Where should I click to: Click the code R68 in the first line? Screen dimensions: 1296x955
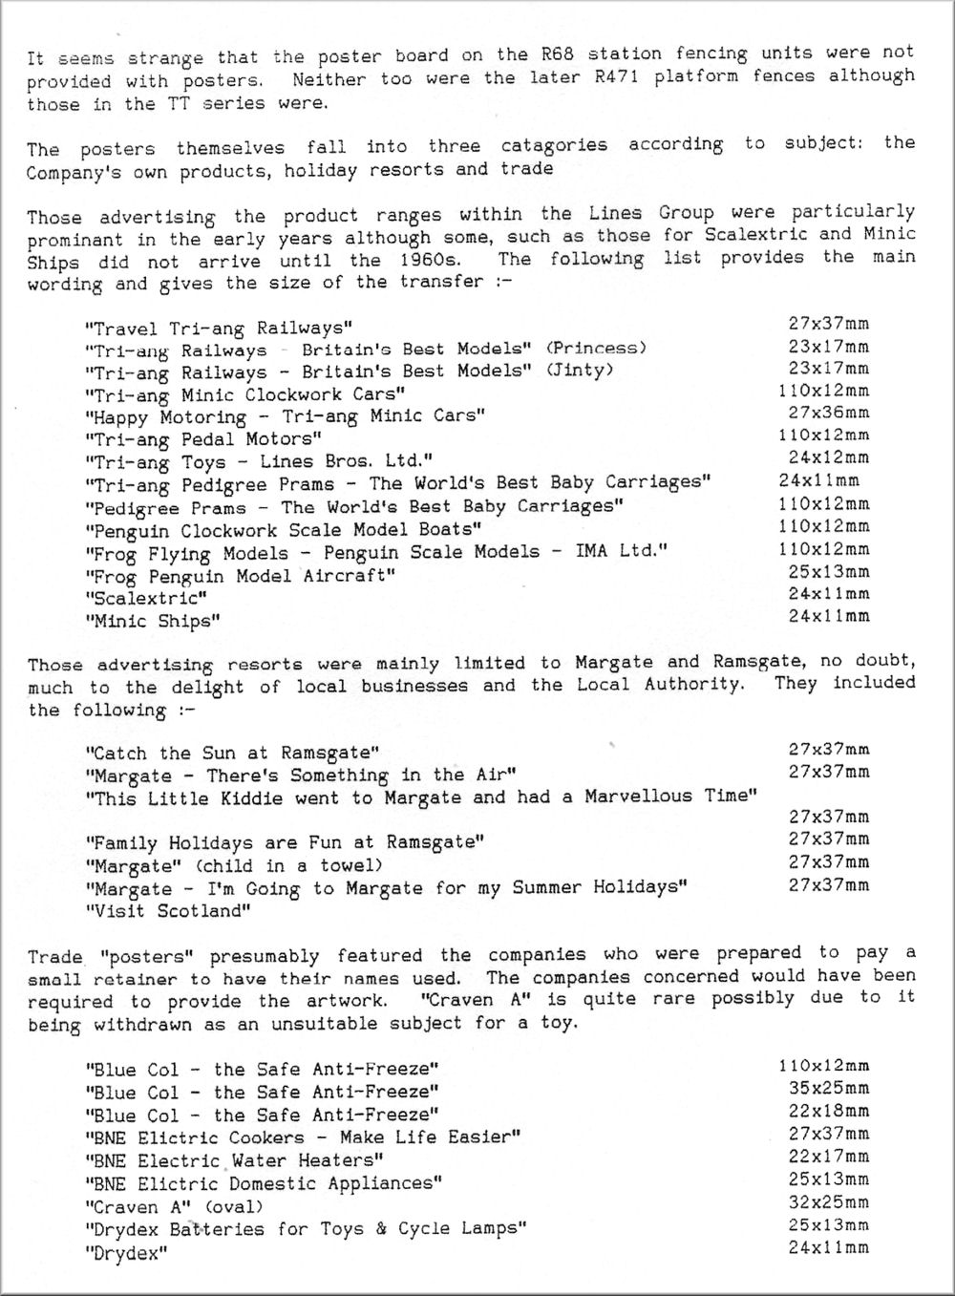(557, 54)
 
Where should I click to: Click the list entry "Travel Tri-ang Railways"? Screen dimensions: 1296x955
(220, 329)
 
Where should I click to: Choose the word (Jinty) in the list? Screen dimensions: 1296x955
(580, 370)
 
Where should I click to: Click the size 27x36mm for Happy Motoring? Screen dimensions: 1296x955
(828, 413)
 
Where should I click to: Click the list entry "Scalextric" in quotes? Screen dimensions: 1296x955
(147, 599)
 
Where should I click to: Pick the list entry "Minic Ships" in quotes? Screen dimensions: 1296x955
(154, 622)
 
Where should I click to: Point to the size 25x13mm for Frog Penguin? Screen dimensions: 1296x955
(828, 572)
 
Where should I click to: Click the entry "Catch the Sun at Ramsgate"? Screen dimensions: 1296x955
(232, 754)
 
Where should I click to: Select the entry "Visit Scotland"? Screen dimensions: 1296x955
(168, 911)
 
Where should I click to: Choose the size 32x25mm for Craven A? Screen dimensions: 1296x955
(828, 1202)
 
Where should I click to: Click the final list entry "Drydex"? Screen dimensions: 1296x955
(126, 1253)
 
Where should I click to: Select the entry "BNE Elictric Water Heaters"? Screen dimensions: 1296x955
(235, 1161)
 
